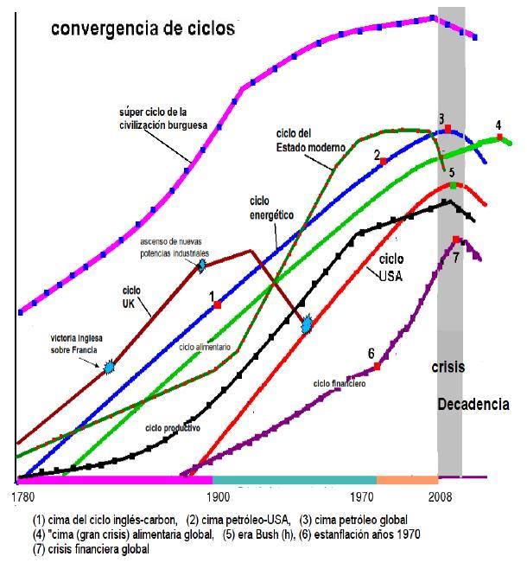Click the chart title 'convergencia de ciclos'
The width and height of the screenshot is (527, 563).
click(x=143, y=28)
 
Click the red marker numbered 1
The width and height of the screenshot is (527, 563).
click(x=218, y=305)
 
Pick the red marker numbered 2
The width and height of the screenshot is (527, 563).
click(x=384, y=162)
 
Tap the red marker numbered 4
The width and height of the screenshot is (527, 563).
click(x=499, y=137)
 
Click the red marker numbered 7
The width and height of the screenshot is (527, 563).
click(x=456, y=240)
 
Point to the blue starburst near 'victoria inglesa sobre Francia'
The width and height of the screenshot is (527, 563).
click(x=109, y=368)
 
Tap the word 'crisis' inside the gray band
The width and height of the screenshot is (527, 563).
click(x=448, y=367)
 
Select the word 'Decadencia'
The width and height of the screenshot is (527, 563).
click(x=473, y=404)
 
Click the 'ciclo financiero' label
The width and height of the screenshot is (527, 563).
click(x=340, y=382)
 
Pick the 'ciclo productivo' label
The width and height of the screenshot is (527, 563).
click(x=173, y=427)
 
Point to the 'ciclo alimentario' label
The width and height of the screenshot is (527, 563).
click(x=205, y=346)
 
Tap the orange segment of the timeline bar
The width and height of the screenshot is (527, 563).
click(x=407, y=478)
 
